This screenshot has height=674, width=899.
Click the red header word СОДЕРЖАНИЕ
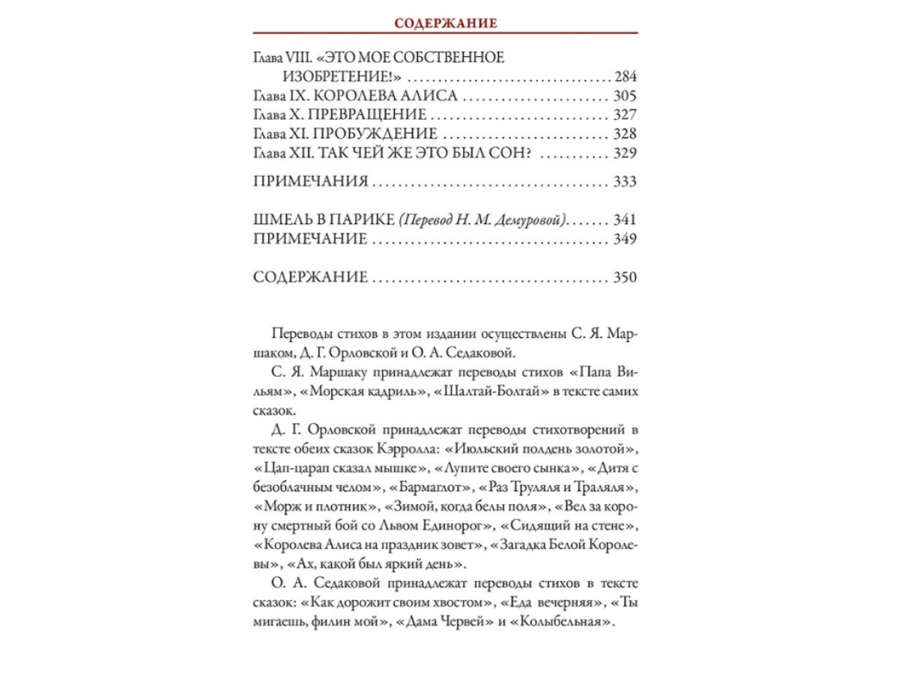point(446,23)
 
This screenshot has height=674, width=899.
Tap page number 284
point(624,77)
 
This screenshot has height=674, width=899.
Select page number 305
point(624,97)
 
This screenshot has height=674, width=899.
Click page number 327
point(624,115)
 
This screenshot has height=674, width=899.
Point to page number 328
point(624,135)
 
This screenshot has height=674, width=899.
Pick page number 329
point(624,154)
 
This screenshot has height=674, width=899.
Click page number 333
point(624,182)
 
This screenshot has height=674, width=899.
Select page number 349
point(624,240)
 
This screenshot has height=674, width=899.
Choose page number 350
point(624,278)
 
